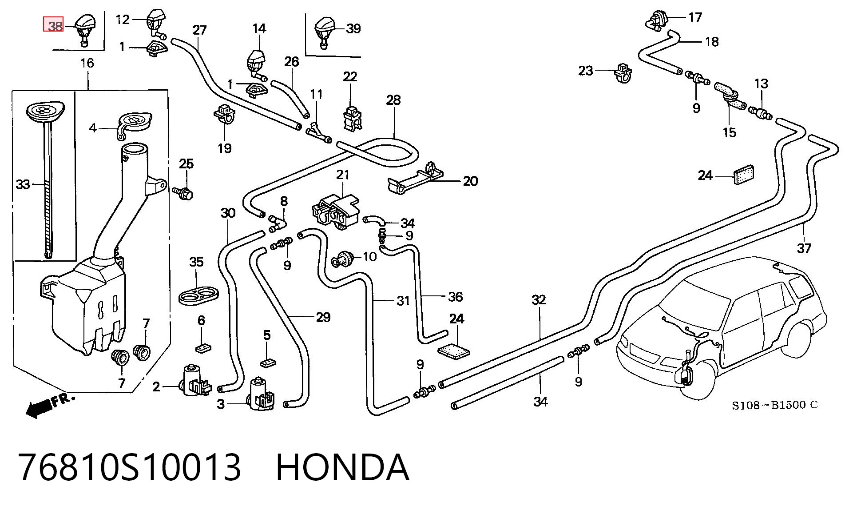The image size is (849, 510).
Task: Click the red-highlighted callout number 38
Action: (x=54, y=24)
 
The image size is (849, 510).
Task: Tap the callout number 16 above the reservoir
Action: (x=87, y=63)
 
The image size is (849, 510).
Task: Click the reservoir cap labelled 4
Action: (x=133, y=125)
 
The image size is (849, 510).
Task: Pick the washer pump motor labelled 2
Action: (x=194, y=381)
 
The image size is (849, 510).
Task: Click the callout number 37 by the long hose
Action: (x=804, y=248)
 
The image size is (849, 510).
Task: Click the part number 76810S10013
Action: (x=130, y=467)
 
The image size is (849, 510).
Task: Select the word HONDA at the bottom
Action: (x=342, y=467)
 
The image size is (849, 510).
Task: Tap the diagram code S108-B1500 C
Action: (x=775, y=405)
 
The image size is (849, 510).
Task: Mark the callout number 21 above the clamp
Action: (x=342, y=175)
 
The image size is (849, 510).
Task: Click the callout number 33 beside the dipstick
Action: (x=23, y=184)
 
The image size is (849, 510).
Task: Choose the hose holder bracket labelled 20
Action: (x=416, y=179)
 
